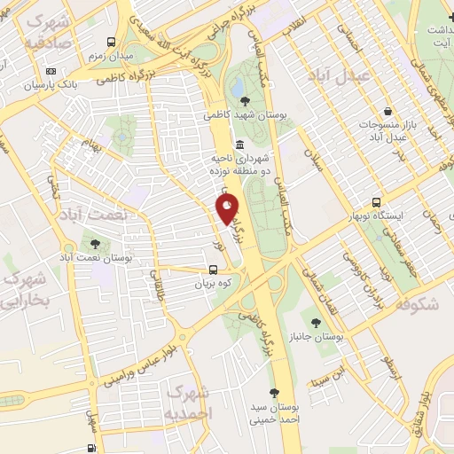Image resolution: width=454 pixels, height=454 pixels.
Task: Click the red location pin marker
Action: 228,209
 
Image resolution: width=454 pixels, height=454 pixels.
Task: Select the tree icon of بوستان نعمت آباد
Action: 93,242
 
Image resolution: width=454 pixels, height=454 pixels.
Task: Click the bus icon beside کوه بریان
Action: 214,270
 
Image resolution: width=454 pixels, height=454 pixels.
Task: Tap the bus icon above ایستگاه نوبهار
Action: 376,202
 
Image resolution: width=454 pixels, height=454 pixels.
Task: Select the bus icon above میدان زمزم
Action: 112,42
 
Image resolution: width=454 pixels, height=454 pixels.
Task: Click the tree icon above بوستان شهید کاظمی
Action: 244,101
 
